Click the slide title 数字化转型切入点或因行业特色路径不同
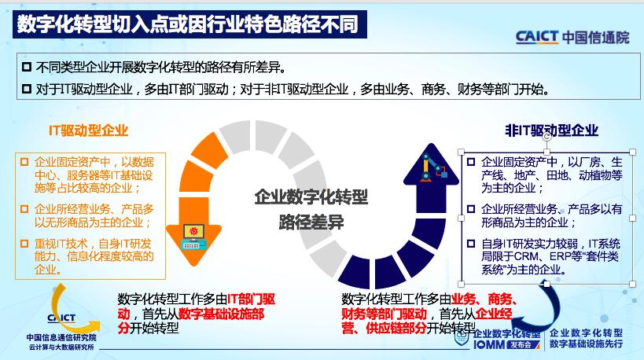click(x=187, y=24)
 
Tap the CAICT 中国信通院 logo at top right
click(x=572, y=36)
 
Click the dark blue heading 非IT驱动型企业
click(x=551, y=130)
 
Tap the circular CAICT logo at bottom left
click(x=61, y=311)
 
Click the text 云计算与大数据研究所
click(x=61, y=347)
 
